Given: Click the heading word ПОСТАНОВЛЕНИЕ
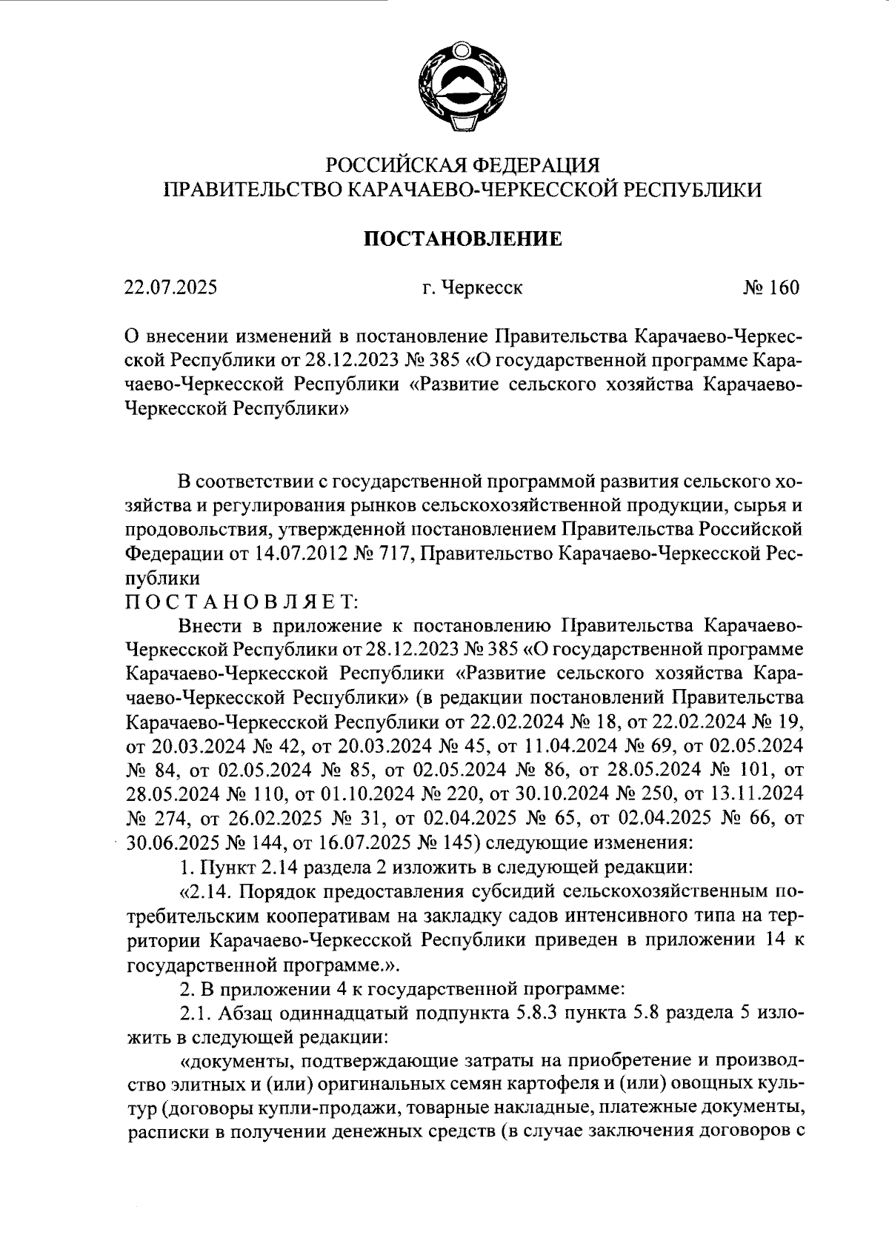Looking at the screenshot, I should (462, 239).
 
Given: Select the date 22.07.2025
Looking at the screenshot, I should (170, 287).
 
